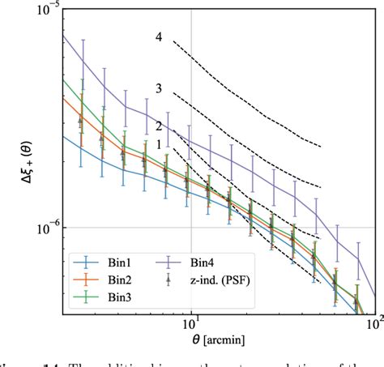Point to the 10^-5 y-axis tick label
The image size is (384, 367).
click(36, 10)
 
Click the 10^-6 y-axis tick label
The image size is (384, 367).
click(36, 228)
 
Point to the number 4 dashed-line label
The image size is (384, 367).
click(159, 37)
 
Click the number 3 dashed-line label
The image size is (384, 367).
click(159, 88)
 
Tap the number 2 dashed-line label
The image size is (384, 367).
click(159, 126)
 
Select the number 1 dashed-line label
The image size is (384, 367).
click(159, 143)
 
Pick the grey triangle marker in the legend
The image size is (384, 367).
click(169, 279)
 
